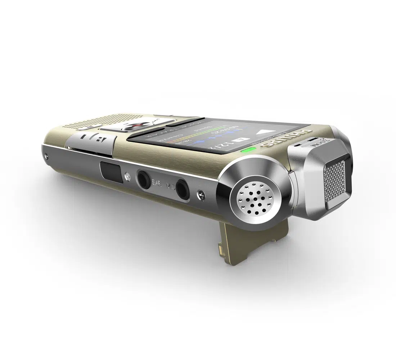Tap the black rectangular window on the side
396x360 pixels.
pyautogui.click(x=110, y=171)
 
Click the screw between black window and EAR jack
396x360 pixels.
pyautogui.click(x=127, y=176)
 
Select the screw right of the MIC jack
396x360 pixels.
pyautogui.click(x=201, y=195)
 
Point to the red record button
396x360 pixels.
pyautogui.click(x=135, y=126)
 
